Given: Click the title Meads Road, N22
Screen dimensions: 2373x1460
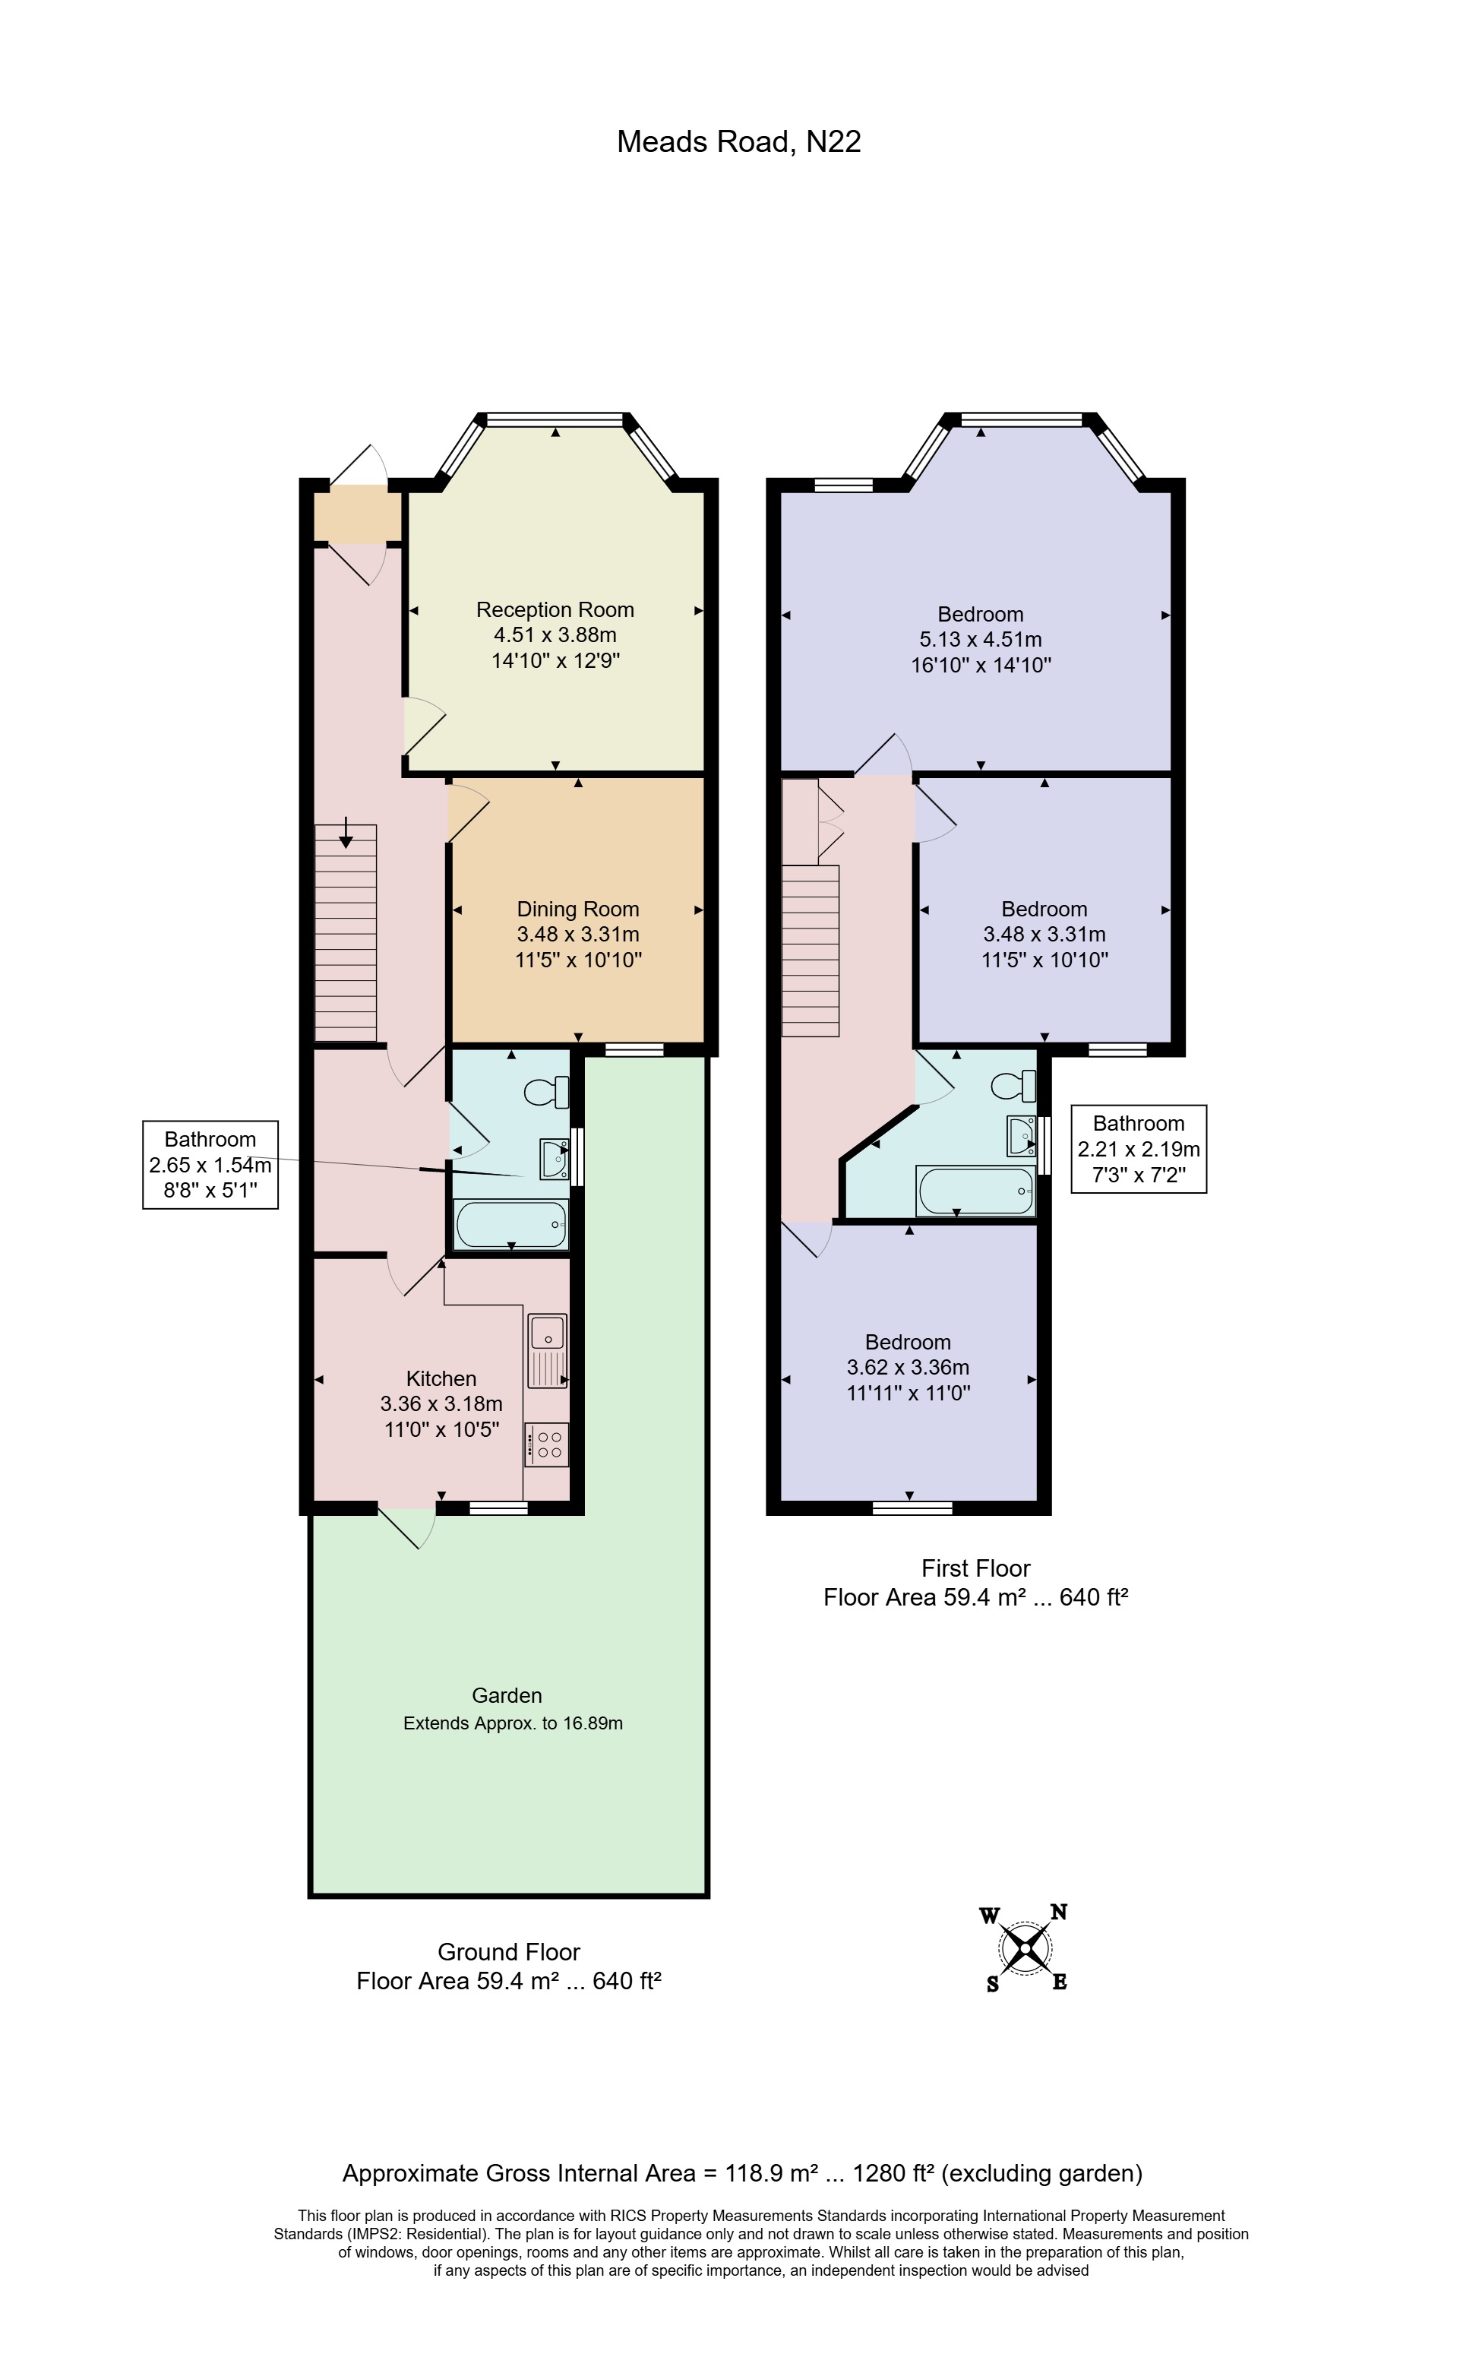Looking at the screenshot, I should pos(738,142).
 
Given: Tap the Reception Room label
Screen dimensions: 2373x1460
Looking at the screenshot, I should pos(555,609).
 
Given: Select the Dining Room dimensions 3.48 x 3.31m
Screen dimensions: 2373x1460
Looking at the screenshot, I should pos(577,934).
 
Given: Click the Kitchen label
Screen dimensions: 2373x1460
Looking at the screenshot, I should pos(441,1378).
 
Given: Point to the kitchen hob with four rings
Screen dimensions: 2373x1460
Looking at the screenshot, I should pos(546,1445).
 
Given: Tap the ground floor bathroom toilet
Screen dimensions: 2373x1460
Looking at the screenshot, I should pos(546,1093).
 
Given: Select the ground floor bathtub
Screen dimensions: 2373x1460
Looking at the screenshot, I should pos(510,1225).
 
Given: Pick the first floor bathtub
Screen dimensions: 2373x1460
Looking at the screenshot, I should pos(975,1191).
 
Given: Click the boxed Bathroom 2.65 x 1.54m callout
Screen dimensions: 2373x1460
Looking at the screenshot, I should pos(210,1164).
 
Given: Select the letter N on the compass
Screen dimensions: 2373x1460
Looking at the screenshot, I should pos(1058,1911).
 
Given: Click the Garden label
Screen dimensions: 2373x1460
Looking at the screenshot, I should pos(506,1695).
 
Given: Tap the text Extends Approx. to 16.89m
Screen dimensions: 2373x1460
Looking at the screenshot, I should pos(513,1723).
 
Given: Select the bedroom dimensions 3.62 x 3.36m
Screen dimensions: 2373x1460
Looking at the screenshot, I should pos(908,1367).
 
